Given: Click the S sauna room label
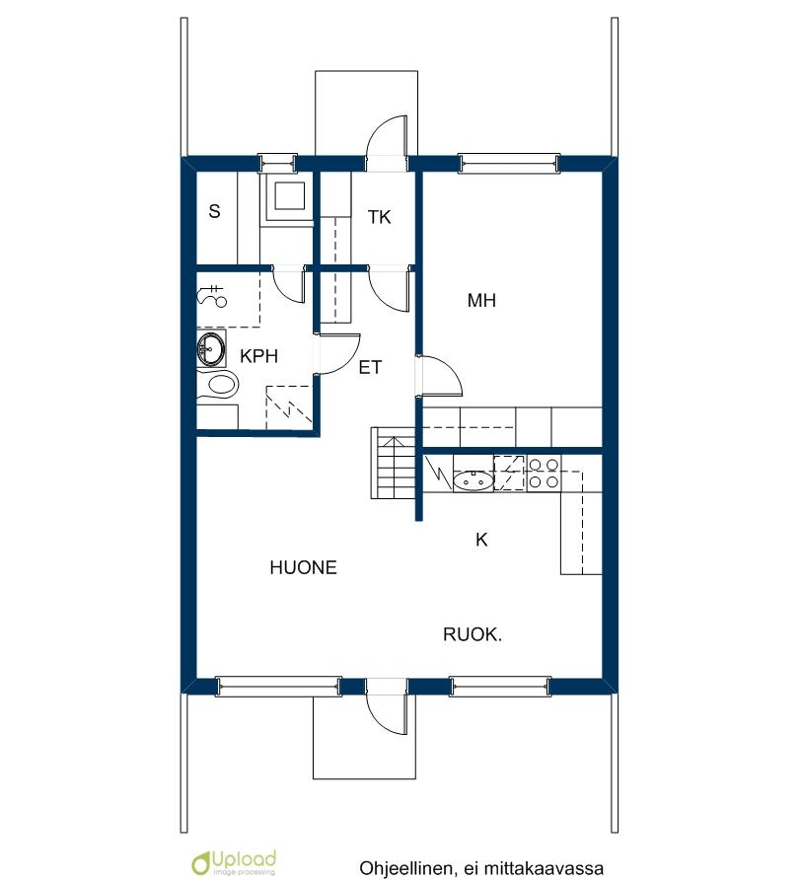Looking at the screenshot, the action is pos(214,211).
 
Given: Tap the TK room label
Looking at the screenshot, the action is pos(379,217).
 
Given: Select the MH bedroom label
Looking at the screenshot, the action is pos(481,300).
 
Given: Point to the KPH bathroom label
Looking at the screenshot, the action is pos(258,356).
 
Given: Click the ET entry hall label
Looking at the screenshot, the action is pos(370,368).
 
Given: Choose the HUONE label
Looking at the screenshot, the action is pos(303,567).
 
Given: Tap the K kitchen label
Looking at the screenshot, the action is pos(481,540).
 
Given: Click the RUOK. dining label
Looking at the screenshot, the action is pos(473,634).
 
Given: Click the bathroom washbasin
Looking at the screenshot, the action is pos(211,348).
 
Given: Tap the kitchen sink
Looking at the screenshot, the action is pos(473,481).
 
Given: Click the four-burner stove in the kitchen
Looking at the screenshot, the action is pos(544,474).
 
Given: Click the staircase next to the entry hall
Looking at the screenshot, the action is pos(394,463).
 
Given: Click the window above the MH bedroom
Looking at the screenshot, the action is pos(509,163).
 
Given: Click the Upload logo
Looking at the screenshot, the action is pos(234,862).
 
